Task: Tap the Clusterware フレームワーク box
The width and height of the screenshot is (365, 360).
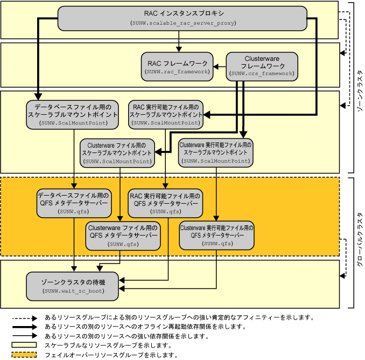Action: pos(261,65)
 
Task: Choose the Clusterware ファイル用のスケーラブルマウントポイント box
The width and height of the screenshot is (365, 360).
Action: pos(117,153)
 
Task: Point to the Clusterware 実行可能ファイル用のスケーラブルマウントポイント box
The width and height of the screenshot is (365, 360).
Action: pos(215,153)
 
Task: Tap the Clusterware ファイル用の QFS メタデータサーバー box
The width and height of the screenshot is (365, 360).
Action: pos(123,235)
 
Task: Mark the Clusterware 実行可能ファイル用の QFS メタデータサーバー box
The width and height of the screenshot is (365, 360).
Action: pos(217,235)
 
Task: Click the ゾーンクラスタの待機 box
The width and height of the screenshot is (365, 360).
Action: pos(73,286)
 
